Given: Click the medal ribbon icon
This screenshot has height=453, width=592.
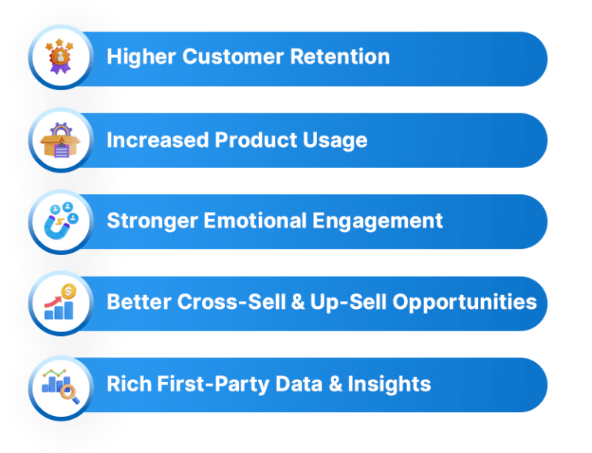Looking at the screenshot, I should pos(60,58).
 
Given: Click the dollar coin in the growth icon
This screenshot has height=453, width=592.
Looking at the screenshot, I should pos(68,293).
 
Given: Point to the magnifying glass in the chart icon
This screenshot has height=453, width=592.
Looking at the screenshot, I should pos(69,392).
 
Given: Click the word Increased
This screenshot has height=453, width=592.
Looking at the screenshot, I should pos(157,139).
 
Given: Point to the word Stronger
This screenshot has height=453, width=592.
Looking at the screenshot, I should pos(153,220).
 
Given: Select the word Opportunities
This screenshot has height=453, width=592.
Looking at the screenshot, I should pos(465,302).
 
